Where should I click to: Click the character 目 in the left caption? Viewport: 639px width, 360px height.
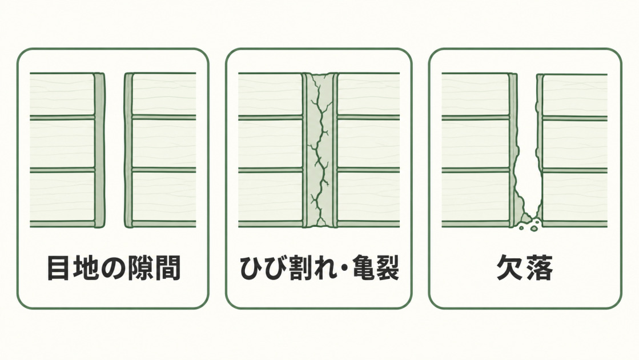[58, 268]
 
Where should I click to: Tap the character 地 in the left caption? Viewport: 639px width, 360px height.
[85, 268]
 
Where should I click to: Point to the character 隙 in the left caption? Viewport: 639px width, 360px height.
[140, 268]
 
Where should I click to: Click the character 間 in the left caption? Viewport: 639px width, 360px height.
[168, 268]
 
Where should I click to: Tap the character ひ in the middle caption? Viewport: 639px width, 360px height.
[251, 268]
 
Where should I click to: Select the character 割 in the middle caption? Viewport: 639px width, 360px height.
[302, 268]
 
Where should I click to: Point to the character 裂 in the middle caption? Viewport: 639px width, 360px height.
[388, 268]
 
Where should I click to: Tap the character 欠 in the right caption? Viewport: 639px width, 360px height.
[509, 268]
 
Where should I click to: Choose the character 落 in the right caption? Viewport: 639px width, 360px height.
[539, 268]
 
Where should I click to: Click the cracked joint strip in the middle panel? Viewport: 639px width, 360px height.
[320, 150]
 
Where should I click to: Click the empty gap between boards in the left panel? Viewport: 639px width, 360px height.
[115, 150]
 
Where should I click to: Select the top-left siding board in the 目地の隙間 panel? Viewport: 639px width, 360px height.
[62, 94]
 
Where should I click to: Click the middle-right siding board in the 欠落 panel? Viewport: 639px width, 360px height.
[574, 145]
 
